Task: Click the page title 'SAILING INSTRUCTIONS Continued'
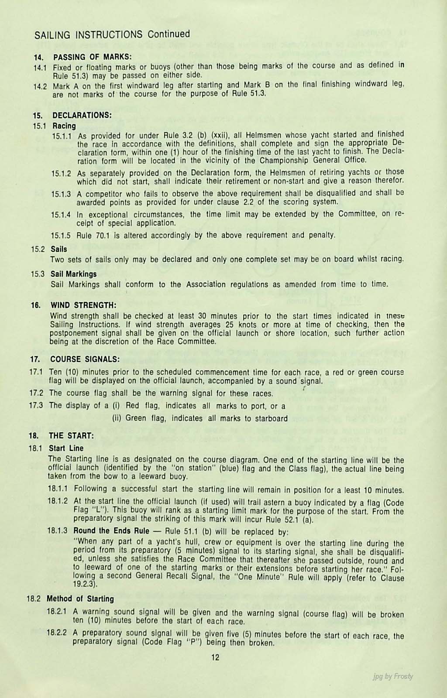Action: coord(112,34)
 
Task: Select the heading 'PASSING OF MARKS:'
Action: coord(92,57)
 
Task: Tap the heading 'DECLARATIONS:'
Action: coord(82,116)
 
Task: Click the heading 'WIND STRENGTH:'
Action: coord(83,305)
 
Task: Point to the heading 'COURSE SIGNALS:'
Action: coord(85,359)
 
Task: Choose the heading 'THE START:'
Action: coord(71,436)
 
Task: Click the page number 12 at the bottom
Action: coord(215,657)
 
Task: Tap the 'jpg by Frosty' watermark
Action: coord(393,676)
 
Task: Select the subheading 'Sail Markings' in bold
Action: coord(73,274)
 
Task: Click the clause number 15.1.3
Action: coord(61,193)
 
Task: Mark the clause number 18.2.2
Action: coord(57,633)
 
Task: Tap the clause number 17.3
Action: coord(36,406)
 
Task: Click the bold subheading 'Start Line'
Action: coord(66,448)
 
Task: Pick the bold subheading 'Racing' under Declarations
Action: coord(64,126)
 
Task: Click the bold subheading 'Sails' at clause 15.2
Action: coord(58,249)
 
